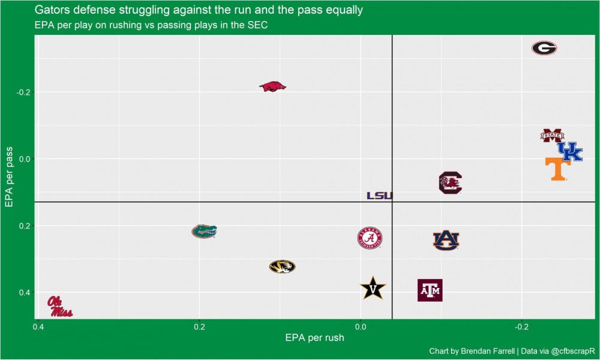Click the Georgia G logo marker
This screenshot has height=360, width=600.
[x=544, y=49]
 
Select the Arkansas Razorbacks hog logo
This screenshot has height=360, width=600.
[x=272, y=86]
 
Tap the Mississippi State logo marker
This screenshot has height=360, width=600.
[x=552, y=136]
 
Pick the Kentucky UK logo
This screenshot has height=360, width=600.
[x=569, y=151]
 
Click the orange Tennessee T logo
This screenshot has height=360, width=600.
[x=557, y=169]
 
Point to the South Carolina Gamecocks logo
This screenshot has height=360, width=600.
[x=450, y=182]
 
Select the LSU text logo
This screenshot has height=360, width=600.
[x=379, y=196]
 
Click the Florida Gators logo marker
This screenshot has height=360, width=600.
[x=204, y=231]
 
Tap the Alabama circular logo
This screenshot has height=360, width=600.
[x=370, y=238]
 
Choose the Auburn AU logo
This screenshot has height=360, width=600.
[x=446, y=240]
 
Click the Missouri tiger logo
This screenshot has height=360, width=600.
[x=282, y=266]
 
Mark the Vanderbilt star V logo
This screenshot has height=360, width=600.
[x=373, y=289]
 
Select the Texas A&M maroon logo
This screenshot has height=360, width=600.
[x=430, y=290]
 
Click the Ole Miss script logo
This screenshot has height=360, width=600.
[x=60, y=307]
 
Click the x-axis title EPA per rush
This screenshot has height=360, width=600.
[x=315, y=338]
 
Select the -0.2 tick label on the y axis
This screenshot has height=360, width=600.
[x=22, y=92]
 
